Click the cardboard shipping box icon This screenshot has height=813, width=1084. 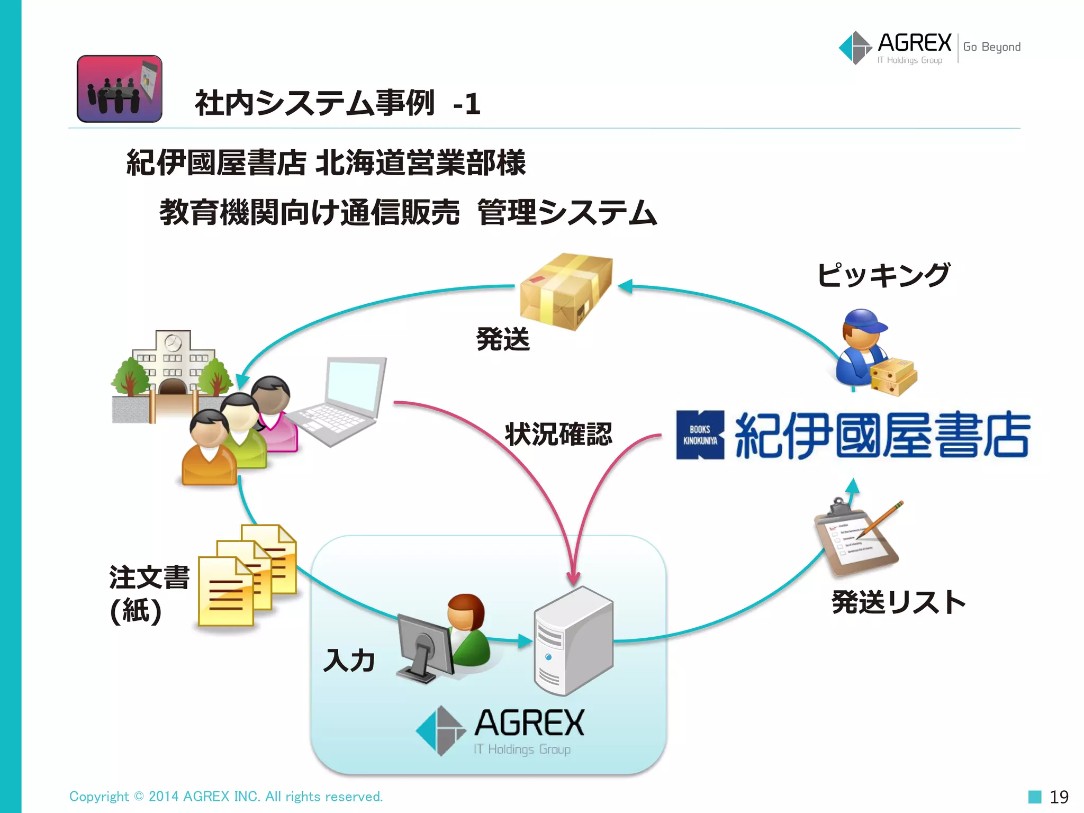tap(565, 291)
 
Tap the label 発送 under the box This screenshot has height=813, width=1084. tap(502, 339)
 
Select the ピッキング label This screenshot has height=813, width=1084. tap(882, 275)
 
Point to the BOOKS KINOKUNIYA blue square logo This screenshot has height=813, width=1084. tap(700, 435)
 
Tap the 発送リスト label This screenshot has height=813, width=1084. tap(898, 602)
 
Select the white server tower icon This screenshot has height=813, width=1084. tap(573, 641)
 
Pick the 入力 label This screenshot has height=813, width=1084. tap(349, 661)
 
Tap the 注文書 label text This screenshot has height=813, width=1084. tap(149, 577)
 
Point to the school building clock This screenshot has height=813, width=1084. tap(173, 343)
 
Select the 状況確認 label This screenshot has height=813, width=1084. tap(558, 434)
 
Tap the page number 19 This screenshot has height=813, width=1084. tap(1059, 797)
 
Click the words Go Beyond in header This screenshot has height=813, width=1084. tap(991, 47)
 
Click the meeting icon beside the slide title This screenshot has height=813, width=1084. tap(120, 89)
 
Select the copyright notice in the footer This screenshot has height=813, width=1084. tap(226, 797)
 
